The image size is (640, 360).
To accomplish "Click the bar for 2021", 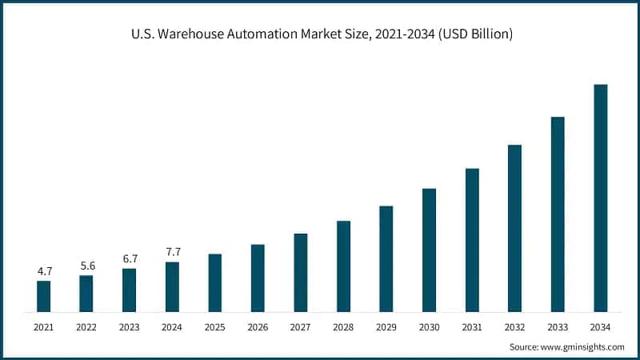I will (43, 296).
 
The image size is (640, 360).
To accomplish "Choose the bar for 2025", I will (214, 282).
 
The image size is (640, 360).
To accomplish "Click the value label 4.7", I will (44, 271).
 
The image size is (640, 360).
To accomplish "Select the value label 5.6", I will (86, 266).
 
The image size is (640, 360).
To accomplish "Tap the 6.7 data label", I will (130, 258).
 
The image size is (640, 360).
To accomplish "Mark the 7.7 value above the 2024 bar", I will (172, 252).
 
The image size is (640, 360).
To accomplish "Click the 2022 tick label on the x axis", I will (86, 327).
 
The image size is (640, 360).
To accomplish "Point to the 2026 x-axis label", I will (258, 327).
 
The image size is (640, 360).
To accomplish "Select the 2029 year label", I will (386, 327).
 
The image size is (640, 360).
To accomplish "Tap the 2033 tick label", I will (558, 327).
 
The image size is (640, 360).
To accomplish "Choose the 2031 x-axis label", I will (471, 327).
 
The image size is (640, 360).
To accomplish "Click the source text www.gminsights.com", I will (584, 347).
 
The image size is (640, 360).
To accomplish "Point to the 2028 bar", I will (343, 266).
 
